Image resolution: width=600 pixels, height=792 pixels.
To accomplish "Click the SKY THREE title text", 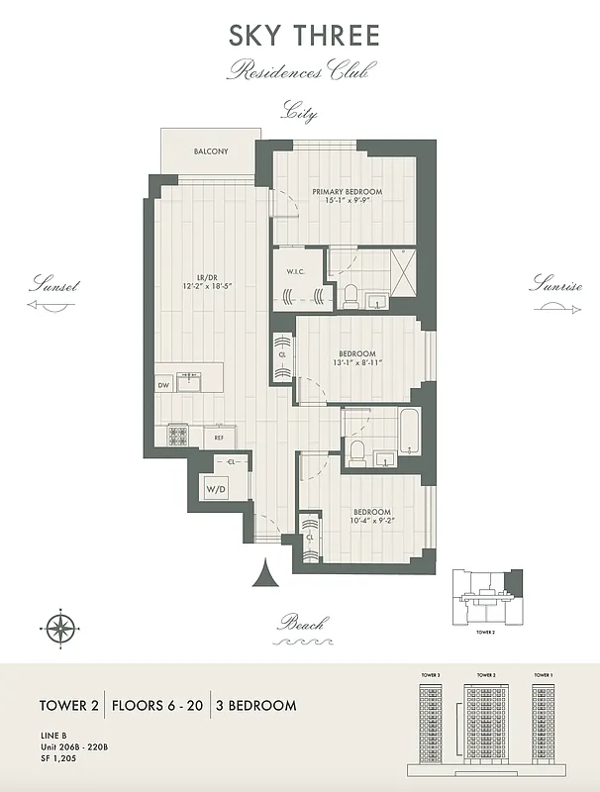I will pyautogui.click(x=304, y=37).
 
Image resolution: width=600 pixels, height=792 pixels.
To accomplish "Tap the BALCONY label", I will pyautogui.click(x=210, y=151).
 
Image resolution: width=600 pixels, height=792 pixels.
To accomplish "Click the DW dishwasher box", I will pyautogui.click(x=163, y=385).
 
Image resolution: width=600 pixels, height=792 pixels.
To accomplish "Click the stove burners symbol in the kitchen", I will pyautogui.click(x=179, y=434).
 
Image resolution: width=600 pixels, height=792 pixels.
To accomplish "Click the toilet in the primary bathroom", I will pyautogui.click(x=350, y=293).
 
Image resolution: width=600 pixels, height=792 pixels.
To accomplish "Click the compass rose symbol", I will pyautogui.click(x=61, y=626).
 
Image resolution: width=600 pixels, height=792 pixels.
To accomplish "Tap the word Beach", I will pyautogui.click(x=301, y=623).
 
